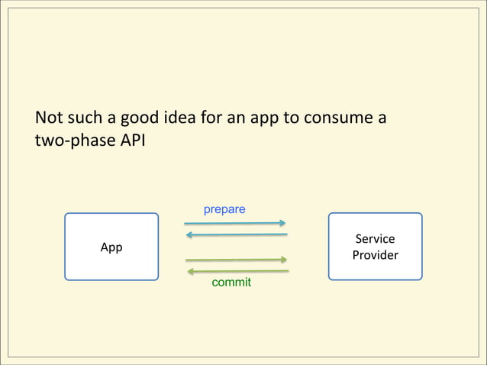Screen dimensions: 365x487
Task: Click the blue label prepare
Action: [x=224, y=209]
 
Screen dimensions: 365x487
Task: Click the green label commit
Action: [x=231, y=283]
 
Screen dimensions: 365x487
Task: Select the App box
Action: [x=111, y=247]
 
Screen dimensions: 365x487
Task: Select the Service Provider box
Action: [x=375, y=247]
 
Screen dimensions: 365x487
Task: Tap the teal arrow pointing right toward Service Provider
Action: [x=235, y=224]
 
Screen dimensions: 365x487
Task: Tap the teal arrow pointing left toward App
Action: [x=237, y=235]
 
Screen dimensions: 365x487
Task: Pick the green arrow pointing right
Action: [x=237, y=260]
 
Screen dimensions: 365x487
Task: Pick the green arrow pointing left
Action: [x=238, y=271]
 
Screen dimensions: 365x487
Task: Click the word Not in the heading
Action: [x=49, y=118]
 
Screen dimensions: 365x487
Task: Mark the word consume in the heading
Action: [x=338, y=119]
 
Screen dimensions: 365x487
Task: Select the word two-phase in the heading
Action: [x=76, y=141]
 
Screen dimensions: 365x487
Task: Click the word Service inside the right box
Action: [x=375, y=239]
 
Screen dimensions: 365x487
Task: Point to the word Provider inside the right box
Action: [x=375, y=255]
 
